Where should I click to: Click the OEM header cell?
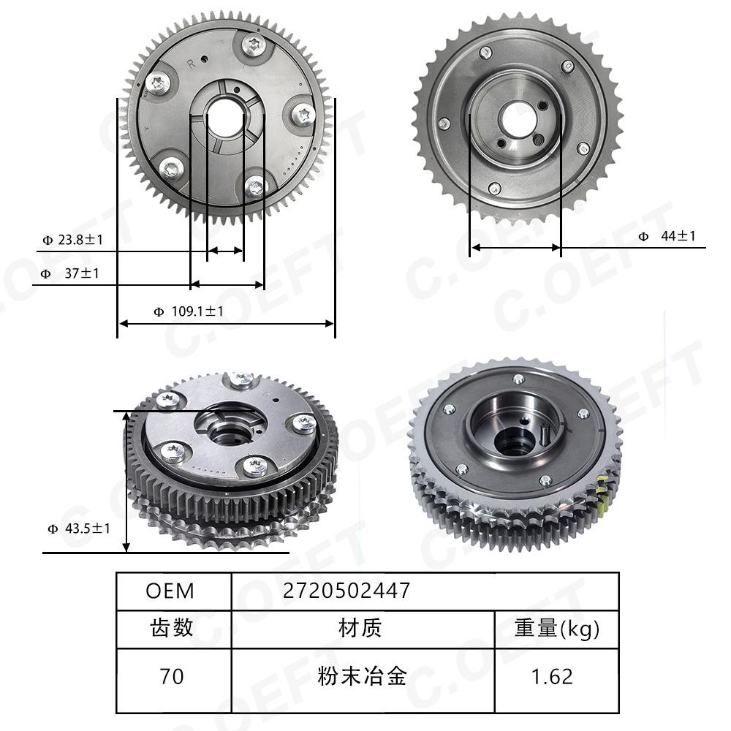(174, 591)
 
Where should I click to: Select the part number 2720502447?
(346, 591)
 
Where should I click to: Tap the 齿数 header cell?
(174, 629)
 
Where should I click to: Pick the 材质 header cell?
(363, 629)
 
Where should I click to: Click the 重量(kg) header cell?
(556, 629)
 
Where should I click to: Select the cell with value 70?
(174, 680)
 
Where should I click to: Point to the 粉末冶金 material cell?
(363, 680)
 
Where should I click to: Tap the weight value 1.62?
(556, 680)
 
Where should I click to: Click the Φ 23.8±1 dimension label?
(72, 240)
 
